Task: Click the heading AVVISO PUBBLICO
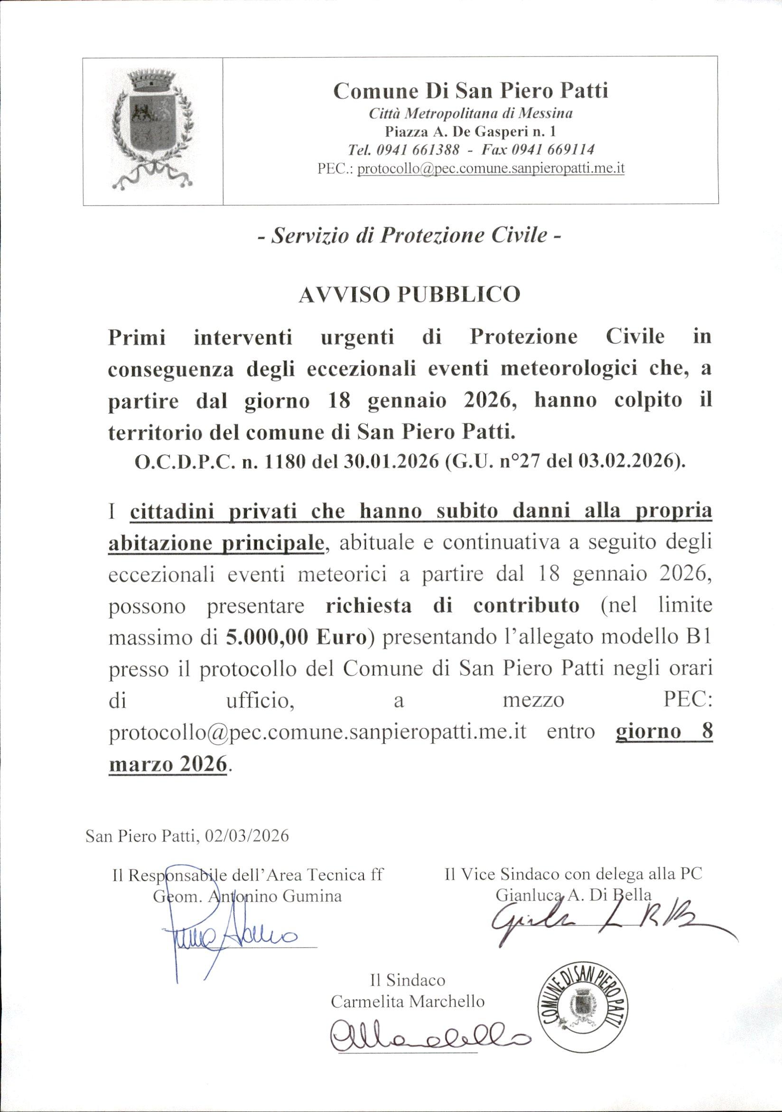[409, 294]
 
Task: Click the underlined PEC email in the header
[491, 169]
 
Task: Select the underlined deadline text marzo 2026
[168, 764]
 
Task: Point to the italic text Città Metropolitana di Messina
[470, 113]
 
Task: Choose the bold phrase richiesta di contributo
[453, 606]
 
